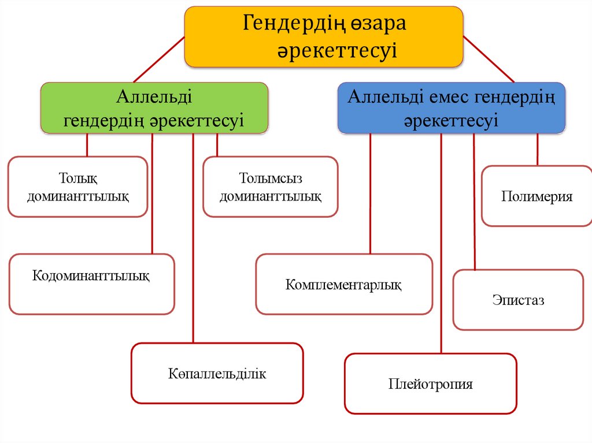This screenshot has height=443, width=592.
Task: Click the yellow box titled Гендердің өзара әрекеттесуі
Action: coord(324,37)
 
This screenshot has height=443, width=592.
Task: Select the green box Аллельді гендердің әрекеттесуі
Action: coord(154,108)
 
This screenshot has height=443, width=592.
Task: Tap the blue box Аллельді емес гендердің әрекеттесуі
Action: coord(451,108)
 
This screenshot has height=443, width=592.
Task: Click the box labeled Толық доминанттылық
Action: coord(77,187)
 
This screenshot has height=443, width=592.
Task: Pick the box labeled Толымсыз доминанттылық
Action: coord(270,187)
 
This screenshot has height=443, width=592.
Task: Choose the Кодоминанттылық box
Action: coord(91,284)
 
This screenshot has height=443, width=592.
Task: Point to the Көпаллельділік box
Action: coord(217,373)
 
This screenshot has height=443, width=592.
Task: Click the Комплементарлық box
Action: coord(344,284)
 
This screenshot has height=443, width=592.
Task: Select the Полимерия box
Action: coord(536,196)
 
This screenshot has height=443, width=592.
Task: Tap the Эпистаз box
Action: coord(518,300)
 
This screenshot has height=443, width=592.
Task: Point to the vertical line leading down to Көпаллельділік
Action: coord(193,243)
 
